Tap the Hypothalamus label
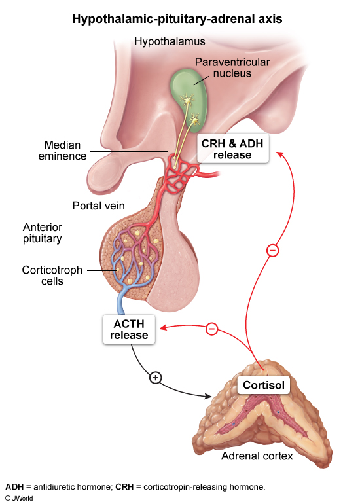(x=170, y=42)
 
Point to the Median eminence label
(x=65, y=151)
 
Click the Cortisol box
(x=264, y=386)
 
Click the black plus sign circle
(x=155, y=378)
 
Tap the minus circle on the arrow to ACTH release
(x=211, y=329)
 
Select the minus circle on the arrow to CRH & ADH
(x=274, y=250)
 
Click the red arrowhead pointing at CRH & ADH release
(x=279, y=154)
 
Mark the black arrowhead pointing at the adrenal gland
(x=209, y=395)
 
